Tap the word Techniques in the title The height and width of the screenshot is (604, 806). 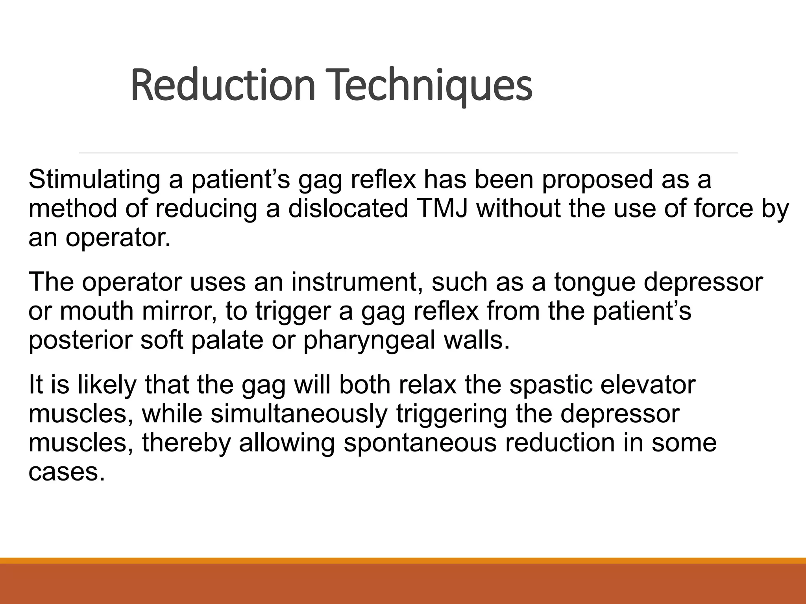[429, 85]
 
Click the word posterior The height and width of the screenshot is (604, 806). [81, 341]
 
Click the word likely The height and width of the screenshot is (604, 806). [107, 385]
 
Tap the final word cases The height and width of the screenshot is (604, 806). [67, 472]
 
